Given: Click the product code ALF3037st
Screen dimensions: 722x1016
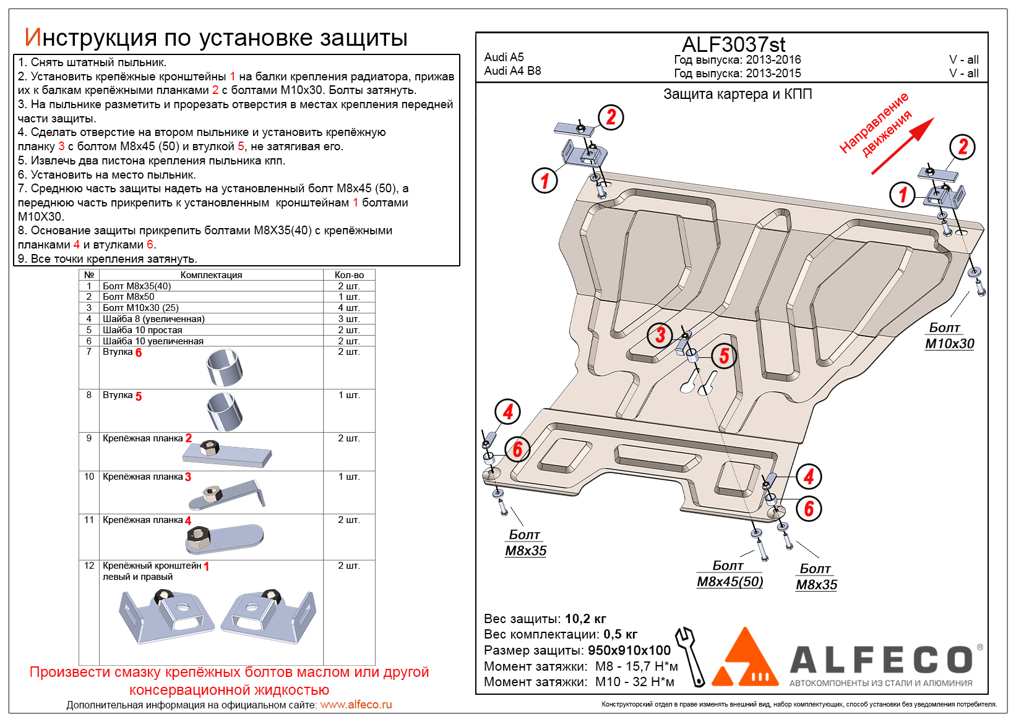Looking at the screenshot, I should [733, 45].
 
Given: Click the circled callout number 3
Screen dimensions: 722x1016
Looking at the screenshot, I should [660, 335].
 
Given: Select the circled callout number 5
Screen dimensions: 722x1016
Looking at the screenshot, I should [724, 355].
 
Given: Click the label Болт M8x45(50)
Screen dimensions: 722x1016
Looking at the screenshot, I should [730, 574].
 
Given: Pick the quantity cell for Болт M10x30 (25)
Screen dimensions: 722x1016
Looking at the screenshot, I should [349, 308].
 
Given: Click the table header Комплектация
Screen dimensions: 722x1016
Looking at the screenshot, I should [211, 275].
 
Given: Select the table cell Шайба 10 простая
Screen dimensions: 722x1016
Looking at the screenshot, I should [142, 330].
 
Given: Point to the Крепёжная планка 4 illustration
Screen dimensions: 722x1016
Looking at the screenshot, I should [224, 538].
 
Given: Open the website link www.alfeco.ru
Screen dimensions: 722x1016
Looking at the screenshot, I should [356, 705].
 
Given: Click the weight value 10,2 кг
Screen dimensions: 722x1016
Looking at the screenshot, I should [585, 619].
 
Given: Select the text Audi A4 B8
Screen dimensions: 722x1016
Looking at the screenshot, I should [512, 71].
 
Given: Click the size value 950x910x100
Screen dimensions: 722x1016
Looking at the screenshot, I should [629, 650].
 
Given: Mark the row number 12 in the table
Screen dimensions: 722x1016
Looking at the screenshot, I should [89, 566].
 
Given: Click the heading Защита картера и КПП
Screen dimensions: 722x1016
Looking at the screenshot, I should [738, 95].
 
